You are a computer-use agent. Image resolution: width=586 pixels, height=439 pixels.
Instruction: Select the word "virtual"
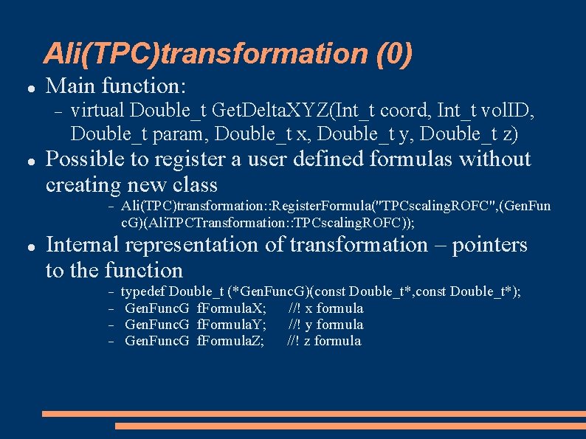click(x=97, y=111)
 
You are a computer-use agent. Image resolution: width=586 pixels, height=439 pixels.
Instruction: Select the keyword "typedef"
click(x=145, y=291)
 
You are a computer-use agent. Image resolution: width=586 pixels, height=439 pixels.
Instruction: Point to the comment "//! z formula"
click(x=324, y=341)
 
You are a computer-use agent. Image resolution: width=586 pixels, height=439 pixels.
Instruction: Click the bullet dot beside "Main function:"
click(x=27, y=88)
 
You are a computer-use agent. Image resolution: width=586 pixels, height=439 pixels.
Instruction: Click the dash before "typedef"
click(x=110, y=292)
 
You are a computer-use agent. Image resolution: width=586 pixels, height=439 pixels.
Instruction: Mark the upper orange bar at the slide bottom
click(x=314, y=414)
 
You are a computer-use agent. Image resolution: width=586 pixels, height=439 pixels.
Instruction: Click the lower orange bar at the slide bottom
click(x=351, y=426)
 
